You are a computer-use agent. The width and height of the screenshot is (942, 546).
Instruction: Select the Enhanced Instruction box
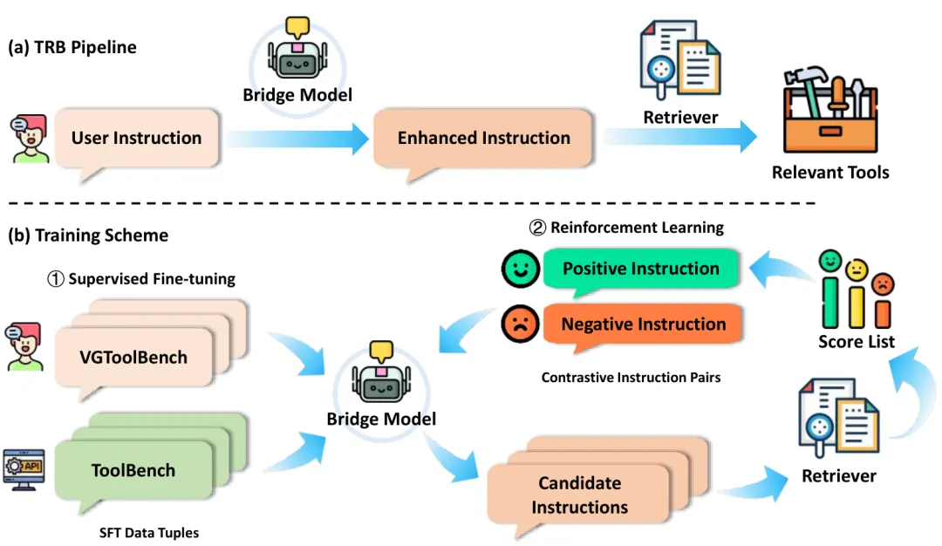(483, 138)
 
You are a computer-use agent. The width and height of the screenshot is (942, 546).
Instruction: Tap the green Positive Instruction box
(640, 269)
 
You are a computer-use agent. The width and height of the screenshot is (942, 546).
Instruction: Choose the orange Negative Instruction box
(643, 324)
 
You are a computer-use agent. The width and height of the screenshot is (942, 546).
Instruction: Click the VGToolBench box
(134, 357)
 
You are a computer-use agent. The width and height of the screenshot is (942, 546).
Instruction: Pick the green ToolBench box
(133, 470)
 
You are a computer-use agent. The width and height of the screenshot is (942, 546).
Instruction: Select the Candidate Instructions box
(579, 495)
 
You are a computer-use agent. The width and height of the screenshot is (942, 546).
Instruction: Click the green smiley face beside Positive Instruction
(520, 269)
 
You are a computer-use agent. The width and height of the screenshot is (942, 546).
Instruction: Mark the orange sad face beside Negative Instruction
(520, 324)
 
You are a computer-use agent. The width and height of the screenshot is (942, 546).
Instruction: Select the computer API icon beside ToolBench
(24, 469)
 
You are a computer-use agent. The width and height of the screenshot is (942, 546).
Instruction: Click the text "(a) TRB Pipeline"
(72, 47)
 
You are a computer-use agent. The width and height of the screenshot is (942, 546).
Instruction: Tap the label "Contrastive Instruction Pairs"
(631, 378)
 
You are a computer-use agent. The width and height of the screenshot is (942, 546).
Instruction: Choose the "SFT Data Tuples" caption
(148, 532)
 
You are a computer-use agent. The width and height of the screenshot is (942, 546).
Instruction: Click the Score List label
(856, 342)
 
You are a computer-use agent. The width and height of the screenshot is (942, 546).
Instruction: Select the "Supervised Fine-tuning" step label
(141, 279)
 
